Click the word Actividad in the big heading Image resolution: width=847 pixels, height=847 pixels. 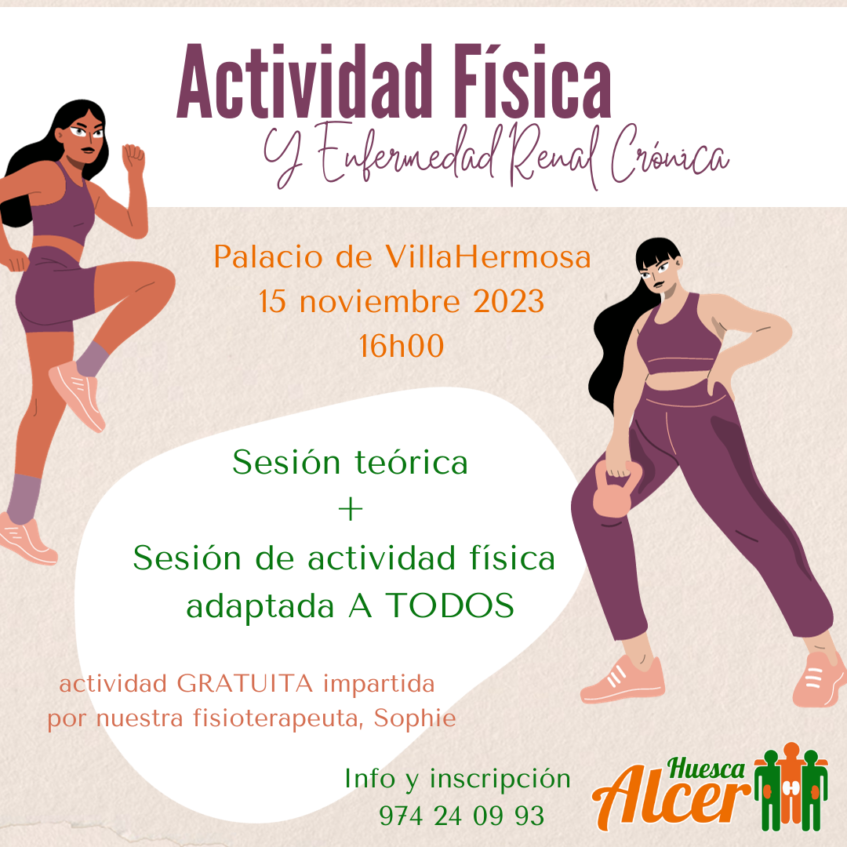[x=304, y=82]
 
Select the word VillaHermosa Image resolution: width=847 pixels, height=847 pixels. [x=488, y=256]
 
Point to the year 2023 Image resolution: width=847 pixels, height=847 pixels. [x=509, y=301]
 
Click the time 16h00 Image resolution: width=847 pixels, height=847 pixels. [x=402, y=346]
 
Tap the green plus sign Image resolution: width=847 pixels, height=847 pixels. [x=350, y=510]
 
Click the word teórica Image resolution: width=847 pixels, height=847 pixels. [x=411, y=463]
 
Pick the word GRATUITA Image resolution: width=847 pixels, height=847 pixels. [x=245, y=684]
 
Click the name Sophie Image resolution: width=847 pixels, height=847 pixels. [x=415, y=718]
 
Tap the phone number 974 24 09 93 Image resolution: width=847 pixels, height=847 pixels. [x=462, y=816]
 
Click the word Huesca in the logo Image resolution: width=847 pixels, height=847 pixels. [x=706, y=768]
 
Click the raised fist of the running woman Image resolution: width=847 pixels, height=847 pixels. [x=133, y=158]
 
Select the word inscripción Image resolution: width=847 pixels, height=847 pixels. [x=500, y=780]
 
